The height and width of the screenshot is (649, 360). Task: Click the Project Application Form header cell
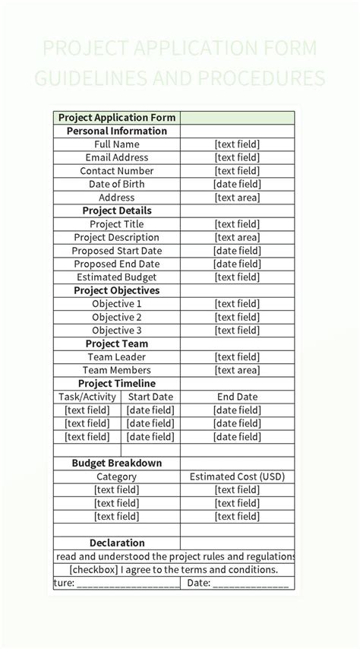click(117, 118)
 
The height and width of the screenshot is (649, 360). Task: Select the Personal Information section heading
click(117, 131)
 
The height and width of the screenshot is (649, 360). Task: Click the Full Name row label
click(117, 144)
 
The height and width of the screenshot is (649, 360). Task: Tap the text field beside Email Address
click(237, 157)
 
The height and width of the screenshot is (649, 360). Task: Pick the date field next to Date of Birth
click(237, 184)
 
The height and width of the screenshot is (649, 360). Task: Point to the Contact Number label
click(117, 171)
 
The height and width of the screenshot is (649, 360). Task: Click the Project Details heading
click(117, 211)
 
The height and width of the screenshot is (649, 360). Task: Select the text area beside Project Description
click(237, 237)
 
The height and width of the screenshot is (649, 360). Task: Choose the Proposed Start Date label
click(117, 251)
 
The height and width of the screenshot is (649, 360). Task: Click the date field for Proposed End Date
click(237, 264)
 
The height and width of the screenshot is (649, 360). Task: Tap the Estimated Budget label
click(117, 277)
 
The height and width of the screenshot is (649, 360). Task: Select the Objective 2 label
click(117, 317)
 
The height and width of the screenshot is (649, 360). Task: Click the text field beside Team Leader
click(237, 357)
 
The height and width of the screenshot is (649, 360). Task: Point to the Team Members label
click(117, 370)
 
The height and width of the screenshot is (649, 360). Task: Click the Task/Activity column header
click(87, 397)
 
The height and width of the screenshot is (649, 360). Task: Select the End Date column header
click(237, 397)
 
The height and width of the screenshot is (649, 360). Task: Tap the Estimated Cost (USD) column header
click(237, 476)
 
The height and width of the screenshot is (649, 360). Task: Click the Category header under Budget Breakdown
click(117, 476)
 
